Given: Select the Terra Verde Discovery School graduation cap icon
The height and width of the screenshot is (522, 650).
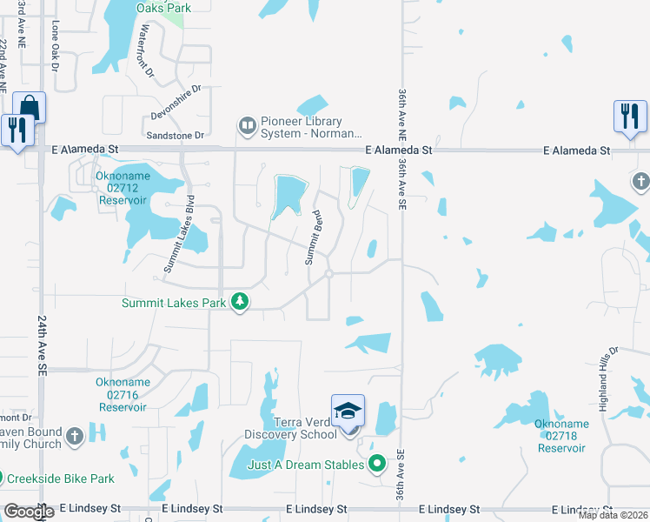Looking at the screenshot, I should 348,410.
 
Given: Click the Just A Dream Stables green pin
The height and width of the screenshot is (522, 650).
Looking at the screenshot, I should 376,465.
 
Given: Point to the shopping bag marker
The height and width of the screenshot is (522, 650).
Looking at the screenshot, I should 29,108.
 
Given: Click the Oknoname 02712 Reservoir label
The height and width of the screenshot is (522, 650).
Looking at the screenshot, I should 123,188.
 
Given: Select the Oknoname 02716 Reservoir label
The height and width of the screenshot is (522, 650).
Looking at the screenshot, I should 123,394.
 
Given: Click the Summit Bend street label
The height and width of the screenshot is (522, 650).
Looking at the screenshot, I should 314,238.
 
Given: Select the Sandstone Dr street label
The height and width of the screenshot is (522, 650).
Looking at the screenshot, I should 175,136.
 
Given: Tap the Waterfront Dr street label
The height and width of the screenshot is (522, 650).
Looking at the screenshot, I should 145,52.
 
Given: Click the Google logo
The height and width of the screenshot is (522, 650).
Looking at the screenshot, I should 29,512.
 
